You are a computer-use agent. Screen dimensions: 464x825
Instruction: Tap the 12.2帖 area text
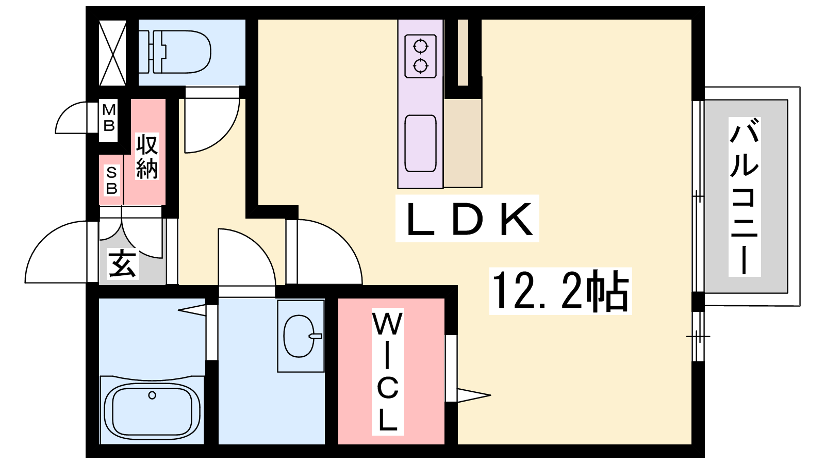coord(560,291)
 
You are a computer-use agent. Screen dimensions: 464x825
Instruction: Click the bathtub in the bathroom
coord(152,410)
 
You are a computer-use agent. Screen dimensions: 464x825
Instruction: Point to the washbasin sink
coord(300,336)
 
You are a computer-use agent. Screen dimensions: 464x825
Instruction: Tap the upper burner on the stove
coord(421,47)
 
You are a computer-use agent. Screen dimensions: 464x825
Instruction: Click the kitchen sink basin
coord(420,143)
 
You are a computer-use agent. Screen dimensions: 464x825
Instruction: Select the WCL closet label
coord(388,371)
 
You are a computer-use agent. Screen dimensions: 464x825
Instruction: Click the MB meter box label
coord(109,118)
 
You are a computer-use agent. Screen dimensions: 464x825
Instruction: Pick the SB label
coord(111,180)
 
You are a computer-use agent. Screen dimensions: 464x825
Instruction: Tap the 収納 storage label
coord(147,156)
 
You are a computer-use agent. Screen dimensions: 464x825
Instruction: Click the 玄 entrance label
coord(123,264)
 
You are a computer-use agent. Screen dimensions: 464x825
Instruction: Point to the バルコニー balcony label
coord(745,196)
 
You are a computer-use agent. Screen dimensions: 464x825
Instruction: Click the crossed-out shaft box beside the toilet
coord(112,53)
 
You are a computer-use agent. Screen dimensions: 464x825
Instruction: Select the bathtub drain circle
coord(152,395)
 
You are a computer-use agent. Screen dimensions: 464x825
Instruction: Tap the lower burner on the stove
coord(421,65)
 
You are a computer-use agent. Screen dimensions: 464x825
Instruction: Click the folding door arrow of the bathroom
coord(192,310)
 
